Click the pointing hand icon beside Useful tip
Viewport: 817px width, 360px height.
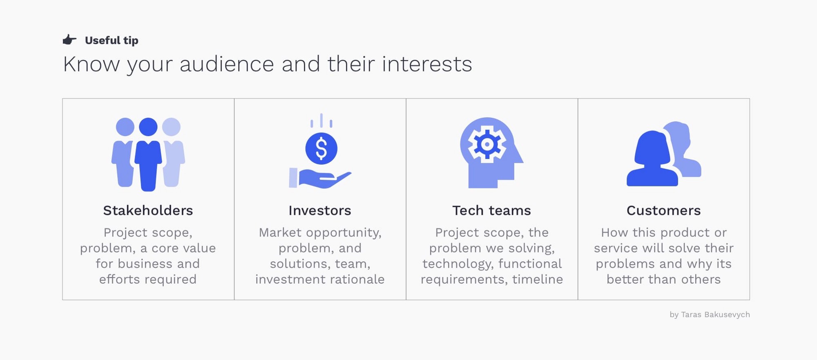tap(69, 40)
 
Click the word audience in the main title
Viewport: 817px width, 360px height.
tap(227, 64)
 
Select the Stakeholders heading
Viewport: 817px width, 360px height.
tap(148, 210)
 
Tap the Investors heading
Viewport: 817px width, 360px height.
tap(320, 210)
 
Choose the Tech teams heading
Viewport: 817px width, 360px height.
tap(491, 210)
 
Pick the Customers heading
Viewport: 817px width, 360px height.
tap(663, 210)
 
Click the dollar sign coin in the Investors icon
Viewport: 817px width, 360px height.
tap(321, 148)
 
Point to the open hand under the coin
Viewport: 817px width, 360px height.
tap(320, 179)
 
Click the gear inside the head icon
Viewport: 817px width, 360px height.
tap(487, 144)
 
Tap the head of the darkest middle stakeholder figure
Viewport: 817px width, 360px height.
tap(148, 127)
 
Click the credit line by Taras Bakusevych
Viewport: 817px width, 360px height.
tap(710, 315)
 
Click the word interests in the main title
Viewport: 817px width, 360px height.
tap(427, 64)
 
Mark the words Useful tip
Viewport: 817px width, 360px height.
tap(112, 40)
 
